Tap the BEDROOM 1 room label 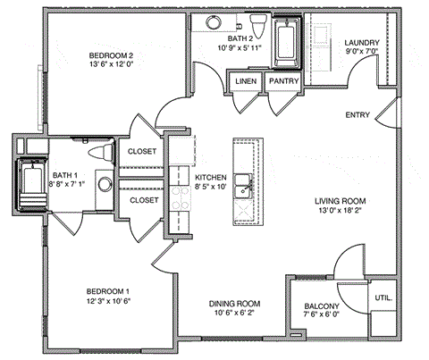[108, 292]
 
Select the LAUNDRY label [362, 43]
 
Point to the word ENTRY [358, 115]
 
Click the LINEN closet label [244, 82]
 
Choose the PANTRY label [282, 82]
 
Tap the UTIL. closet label [383, 297]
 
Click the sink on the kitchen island [242, 189]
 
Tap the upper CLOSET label [143, 152]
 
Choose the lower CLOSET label [143, 200]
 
